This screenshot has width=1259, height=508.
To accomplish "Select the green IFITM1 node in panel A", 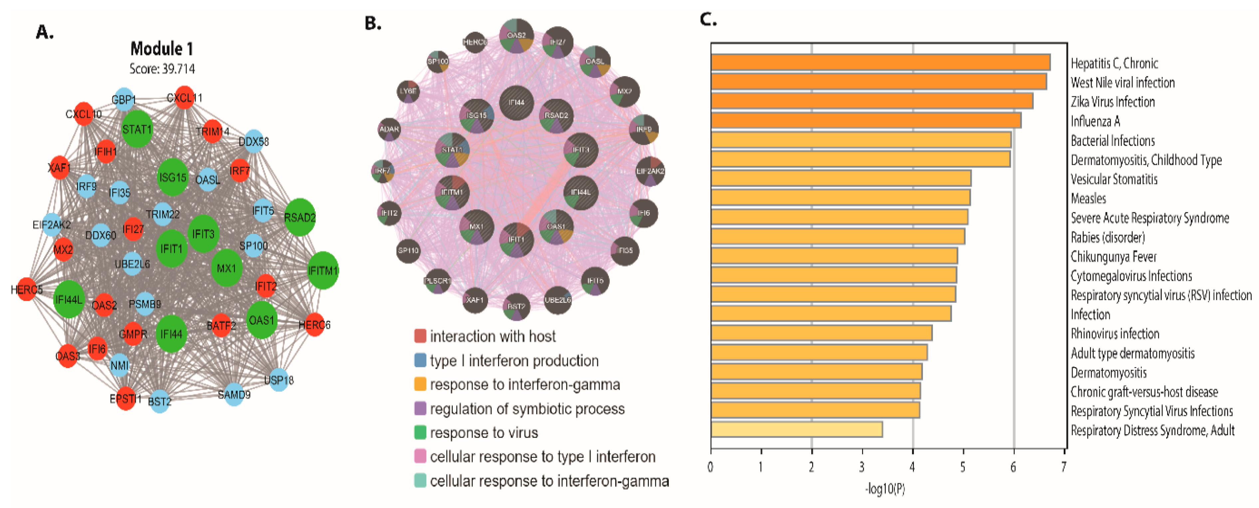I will coord(323,270).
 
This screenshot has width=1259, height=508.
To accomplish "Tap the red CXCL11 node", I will coord(184,98).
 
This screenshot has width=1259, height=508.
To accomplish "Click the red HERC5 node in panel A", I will coord(27,290).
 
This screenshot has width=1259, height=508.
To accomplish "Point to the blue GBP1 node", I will coord(123,100).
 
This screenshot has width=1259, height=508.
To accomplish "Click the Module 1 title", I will coord(162,49).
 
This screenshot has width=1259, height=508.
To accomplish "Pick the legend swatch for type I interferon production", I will coord(420,360).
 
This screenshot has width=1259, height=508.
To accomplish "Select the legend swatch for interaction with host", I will coord(420,336).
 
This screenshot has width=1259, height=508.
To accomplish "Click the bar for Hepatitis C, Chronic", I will coord(880,63).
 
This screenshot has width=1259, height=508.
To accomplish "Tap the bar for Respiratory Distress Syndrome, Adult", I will coord(797,429).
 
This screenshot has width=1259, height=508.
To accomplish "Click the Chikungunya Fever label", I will coord(1113,256).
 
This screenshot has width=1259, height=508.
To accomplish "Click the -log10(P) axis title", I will coord(885,488).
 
